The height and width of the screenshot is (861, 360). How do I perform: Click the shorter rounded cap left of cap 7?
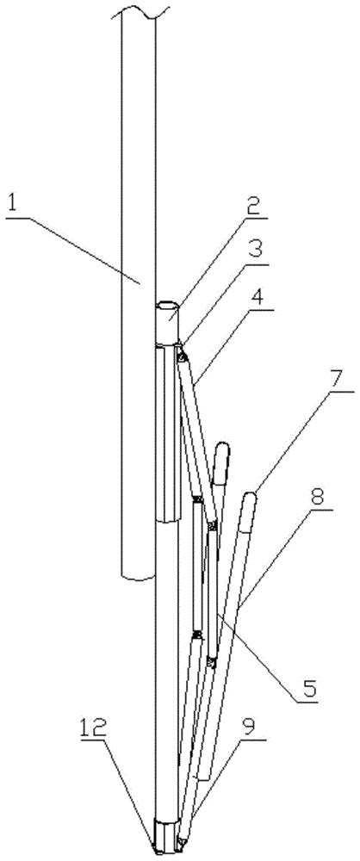click(x=221, y=462)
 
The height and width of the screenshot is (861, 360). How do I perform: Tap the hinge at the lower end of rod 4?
click(x=212, y=526)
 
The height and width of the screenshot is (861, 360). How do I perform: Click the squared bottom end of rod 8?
click(x=203, y=775)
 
